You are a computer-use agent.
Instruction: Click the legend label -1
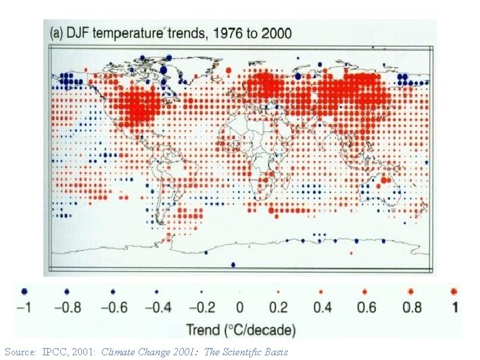24,307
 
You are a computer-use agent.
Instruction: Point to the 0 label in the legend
240,307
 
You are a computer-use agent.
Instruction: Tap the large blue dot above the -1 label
25,291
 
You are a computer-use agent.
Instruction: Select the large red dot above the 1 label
454,291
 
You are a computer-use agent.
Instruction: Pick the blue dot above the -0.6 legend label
113,291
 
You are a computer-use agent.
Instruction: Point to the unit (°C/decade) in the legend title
259,329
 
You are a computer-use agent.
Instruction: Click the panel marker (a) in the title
55,33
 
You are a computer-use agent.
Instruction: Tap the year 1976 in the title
218,33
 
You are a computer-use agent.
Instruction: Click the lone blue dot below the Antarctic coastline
233,265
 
